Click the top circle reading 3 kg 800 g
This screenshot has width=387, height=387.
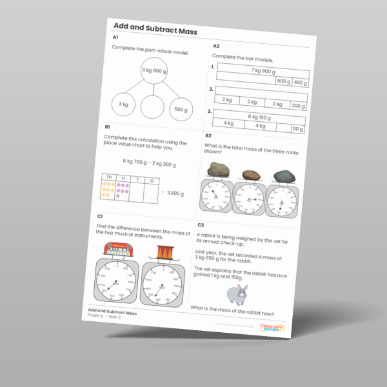(155, 71)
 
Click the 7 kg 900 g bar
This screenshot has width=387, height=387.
(263, 72)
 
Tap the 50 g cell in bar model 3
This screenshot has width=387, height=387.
(297, 129)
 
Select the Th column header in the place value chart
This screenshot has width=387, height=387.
(109, 176)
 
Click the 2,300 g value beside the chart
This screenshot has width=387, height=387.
(175, 193)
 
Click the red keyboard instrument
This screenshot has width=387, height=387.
(118, 250)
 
